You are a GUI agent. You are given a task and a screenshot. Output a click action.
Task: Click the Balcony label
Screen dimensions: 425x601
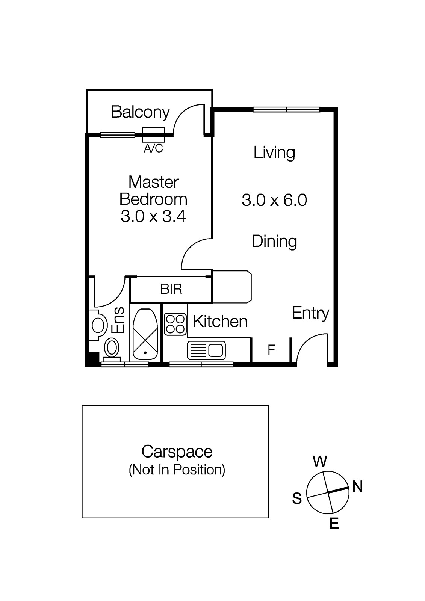(x=141, y=113)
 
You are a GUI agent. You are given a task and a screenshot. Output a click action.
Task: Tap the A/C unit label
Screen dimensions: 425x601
(x=153, y=148)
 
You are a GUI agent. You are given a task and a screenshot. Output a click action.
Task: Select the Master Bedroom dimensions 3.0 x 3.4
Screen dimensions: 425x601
(x=153, y=216)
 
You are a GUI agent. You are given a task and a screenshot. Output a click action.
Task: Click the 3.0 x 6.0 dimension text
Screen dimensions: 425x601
(x=274, y=200)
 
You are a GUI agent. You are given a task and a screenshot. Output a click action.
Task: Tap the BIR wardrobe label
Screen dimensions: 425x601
(x=171, y=289)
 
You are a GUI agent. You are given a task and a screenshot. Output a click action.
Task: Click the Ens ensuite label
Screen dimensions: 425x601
(x=118, y=320)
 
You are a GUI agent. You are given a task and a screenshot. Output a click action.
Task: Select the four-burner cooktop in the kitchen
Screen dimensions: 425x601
(x=175, y=324)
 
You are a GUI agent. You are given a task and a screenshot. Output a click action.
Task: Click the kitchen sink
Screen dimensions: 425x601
(x=206, y=350)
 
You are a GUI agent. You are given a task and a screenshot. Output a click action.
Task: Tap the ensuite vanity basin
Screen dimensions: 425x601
(x=97, y=325)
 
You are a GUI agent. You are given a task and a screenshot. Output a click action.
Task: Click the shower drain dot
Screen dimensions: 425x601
(x=145, y=353)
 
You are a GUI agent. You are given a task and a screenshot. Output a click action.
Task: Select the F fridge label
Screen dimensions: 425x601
(x=271, y=350)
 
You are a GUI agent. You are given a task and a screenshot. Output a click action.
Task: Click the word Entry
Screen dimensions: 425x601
(x=310, y=313)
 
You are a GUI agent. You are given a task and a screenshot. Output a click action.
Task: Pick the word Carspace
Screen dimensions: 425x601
(x=177, y=452)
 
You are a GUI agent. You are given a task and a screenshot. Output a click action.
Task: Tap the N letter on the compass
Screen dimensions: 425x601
(x=357, y=486)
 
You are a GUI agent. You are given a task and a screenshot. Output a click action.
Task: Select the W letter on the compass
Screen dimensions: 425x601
(x=320, y=462)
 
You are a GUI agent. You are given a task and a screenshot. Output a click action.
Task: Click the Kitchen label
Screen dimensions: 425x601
(x=220, y=322)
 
